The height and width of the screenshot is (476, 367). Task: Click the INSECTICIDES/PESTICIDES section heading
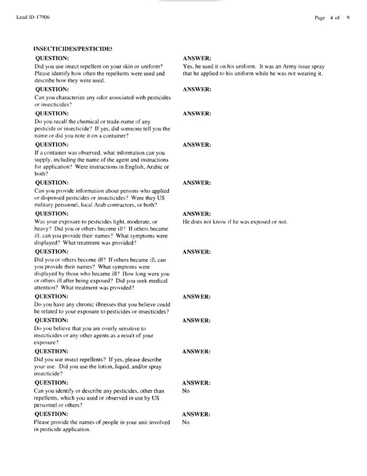[74, 47]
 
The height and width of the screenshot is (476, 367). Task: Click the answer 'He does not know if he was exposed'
[235, 222]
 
